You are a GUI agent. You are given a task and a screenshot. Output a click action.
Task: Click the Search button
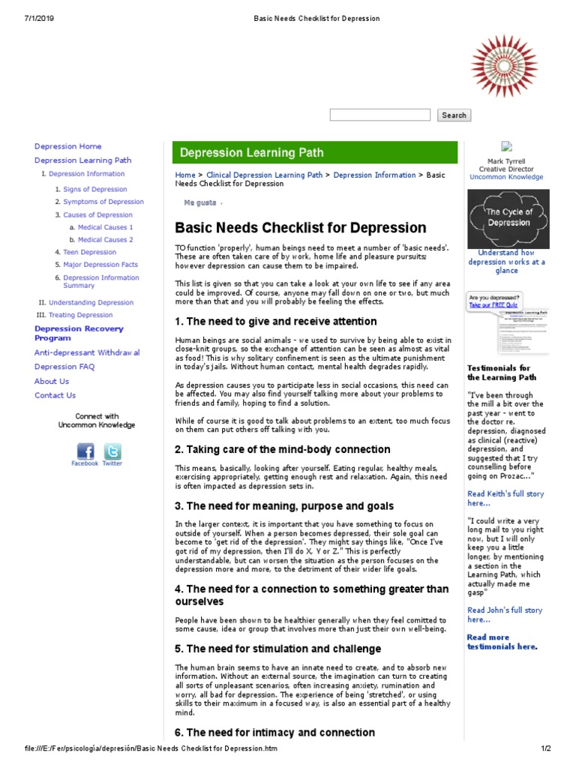[x=454, y=115]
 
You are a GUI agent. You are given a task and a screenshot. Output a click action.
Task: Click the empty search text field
[x=379, y=115]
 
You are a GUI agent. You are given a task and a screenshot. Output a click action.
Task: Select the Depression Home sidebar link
[x=67, y=146]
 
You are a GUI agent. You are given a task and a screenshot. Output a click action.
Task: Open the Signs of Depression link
[x=95, y=189]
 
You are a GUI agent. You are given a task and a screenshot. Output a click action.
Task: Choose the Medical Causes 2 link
[x=105, y=239]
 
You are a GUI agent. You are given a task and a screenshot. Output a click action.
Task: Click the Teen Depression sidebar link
[x=89, y=252]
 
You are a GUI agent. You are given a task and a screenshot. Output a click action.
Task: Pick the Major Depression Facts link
[x=100, y=265]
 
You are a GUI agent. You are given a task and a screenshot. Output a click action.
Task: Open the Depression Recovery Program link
[x=79, y=333]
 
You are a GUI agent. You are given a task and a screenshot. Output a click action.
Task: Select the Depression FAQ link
[x=64, y=367]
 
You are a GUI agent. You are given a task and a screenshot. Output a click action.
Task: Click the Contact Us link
[x=55, y=395]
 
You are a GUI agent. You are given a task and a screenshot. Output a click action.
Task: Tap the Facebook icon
[x=85, y=451]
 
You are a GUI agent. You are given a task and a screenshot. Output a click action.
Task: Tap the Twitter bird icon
[x=112, y=451]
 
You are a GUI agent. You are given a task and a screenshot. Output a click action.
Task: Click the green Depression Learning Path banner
[x=314, y=152]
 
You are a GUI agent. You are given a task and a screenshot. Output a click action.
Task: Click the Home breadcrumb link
[x=184, y=175]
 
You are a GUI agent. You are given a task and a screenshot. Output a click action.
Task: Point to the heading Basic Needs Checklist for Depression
[x=300, y=227]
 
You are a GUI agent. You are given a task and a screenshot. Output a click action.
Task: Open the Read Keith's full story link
[x=505, y=499]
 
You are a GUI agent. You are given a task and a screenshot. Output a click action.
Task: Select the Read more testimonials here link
[x=502, y=642]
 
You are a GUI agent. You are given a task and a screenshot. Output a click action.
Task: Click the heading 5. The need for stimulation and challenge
[x=277, y=649]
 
